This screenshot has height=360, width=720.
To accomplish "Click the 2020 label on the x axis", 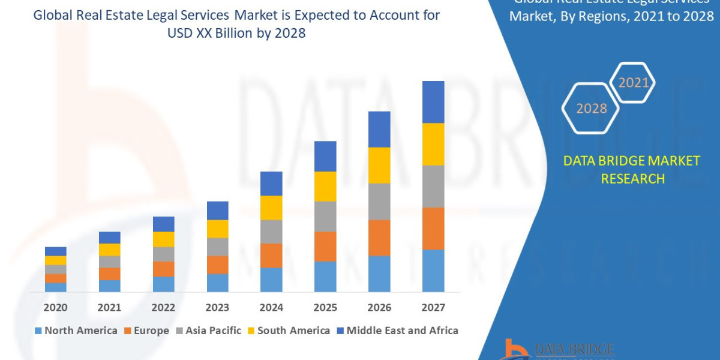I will (x=55, y=308).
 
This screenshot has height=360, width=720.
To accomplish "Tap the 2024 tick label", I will (x=271, y=308).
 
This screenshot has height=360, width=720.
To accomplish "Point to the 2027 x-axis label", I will (x=433, y=308).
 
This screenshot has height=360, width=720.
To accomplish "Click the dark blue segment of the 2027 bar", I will (x=433, y=102).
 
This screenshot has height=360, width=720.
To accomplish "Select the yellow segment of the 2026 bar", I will (x=379, y=165).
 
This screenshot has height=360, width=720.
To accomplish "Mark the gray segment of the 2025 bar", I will (x=325, y=217).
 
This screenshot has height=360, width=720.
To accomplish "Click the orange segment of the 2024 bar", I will (x=271, y=256).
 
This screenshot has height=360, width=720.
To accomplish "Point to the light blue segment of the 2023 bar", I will (x=217, y=283).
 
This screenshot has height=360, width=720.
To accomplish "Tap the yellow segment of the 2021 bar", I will (x=109, y=250).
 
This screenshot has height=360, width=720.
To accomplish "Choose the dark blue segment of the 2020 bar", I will (x=55, y=251).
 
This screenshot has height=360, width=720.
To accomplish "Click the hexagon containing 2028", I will (x=591, y=109).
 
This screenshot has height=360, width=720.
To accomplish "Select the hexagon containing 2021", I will (x=632, y=83).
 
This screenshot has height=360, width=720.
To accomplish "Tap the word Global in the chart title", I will (x=53, y=15).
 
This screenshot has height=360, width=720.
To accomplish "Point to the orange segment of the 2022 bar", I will (x=163, y=269).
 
